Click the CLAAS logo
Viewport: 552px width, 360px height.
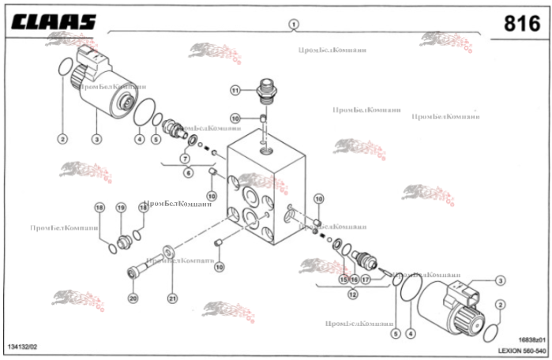(53, 21)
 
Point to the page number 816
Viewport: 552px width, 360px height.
(522, 23)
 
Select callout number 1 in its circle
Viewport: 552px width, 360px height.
(293, 24)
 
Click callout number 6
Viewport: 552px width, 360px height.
(187, 171)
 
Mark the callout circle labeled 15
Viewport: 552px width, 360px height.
(344, 279)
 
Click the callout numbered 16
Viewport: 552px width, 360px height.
(355, 279)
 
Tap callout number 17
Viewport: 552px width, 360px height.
(366, 279)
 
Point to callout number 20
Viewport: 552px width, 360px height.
(133, 298)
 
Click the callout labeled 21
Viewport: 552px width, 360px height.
(171, 298)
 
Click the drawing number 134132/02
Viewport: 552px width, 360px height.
(22, 347)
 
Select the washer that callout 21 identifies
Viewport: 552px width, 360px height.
(168, 253)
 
